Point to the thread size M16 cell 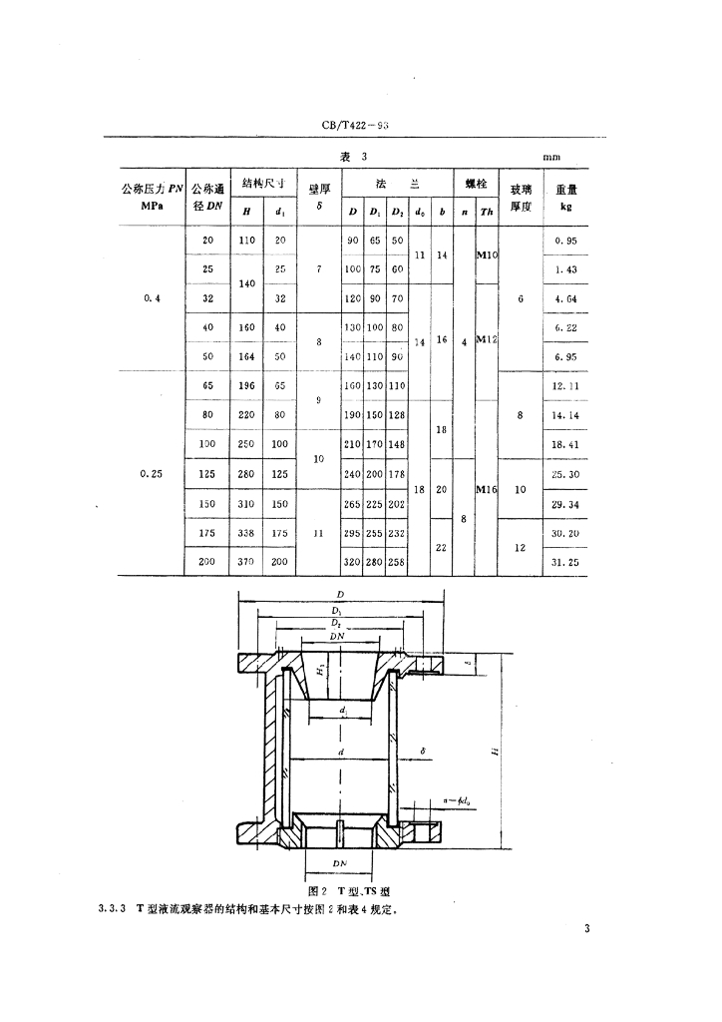coord(487,489)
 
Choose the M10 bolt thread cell coord(487,255)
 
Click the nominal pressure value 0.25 coord(153,474)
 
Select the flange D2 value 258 coord(397,563)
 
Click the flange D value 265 coord(353,504)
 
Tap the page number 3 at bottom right coord(587,929)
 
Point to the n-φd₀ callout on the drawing coord(458,798)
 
